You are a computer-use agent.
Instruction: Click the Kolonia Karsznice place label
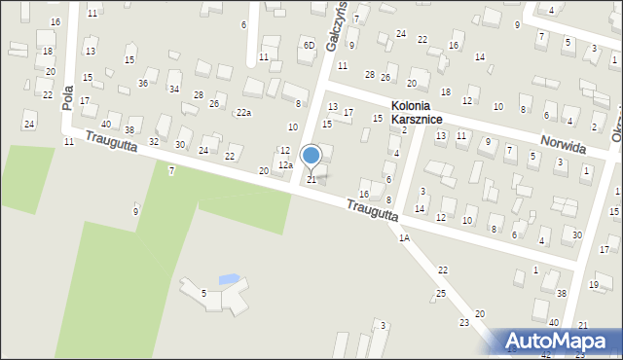click(x=417, y=112)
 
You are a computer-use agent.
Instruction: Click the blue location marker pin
click(x=311, y=157)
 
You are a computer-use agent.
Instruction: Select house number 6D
click(x=309, y=45)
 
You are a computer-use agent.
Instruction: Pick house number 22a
click(x=243, y=113)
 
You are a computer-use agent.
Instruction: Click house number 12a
click(x=284, y=165)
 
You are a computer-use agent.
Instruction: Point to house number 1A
click(x=403, y=237)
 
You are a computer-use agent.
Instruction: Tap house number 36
click(x=142, y=83)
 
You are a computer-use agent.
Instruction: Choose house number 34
click(x=173, y=89)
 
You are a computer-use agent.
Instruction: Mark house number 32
click(x=153, y=142)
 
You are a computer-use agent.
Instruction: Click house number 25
click(x=441, y=293)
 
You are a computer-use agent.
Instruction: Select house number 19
click(x=594, y=285)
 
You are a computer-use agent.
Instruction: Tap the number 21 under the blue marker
click(x=311, y=180)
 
